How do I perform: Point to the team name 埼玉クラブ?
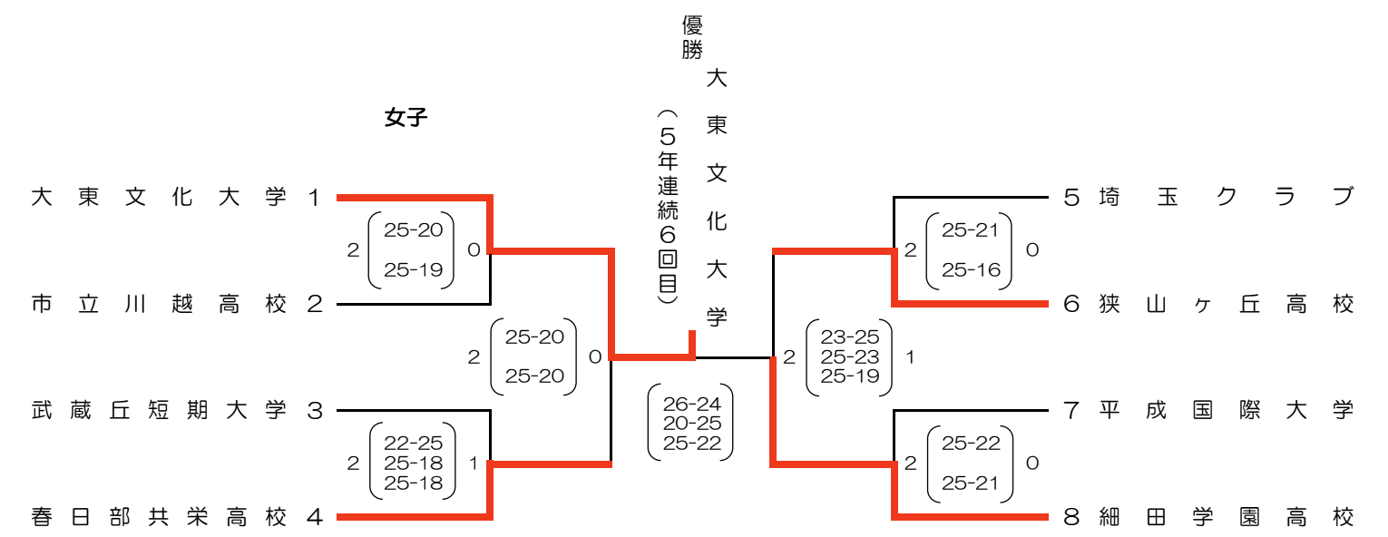click(1226, 197)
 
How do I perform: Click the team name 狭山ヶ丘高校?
click(1226, 304)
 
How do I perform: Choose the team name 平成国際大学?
click(1226, 411)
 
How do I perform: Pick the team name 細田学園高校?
click(1226, 518)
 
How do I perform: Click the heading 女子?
click(406, 118)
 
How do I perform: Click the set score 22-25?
click(414, 444)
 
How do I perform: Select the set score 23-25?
click(850, 337)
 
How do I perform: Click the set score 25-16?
click(971, 269)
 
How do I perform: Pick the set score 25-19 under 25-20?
click(414, 269)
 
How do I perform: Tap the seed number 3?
click(315, 411)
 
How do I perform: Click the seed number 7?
click(1071, 411)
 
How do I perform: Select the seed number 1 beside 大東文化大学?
click(315, 197)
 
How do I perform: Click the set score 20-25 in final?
click(692, 423)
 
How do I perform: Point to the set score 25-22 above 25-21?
click(971, 444)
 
